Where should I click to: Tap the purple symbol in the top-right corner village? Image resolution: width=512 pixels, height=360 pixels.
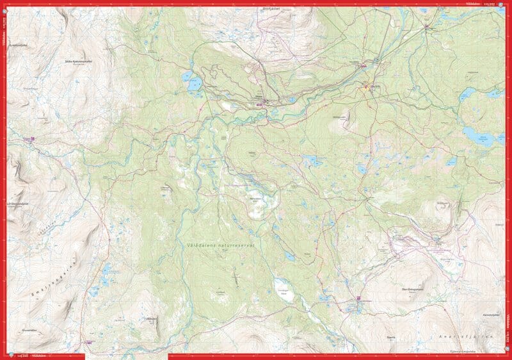pos(427,27)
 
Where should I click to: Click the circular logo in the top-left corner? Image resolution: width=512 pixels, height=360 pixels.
pos(4,4)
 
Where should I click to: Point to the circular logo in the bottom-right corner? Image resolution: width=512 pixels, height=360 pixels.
pos(508,356)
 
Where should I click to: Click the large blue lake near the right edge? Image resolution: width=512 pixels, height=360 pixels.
pos(480,135)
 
